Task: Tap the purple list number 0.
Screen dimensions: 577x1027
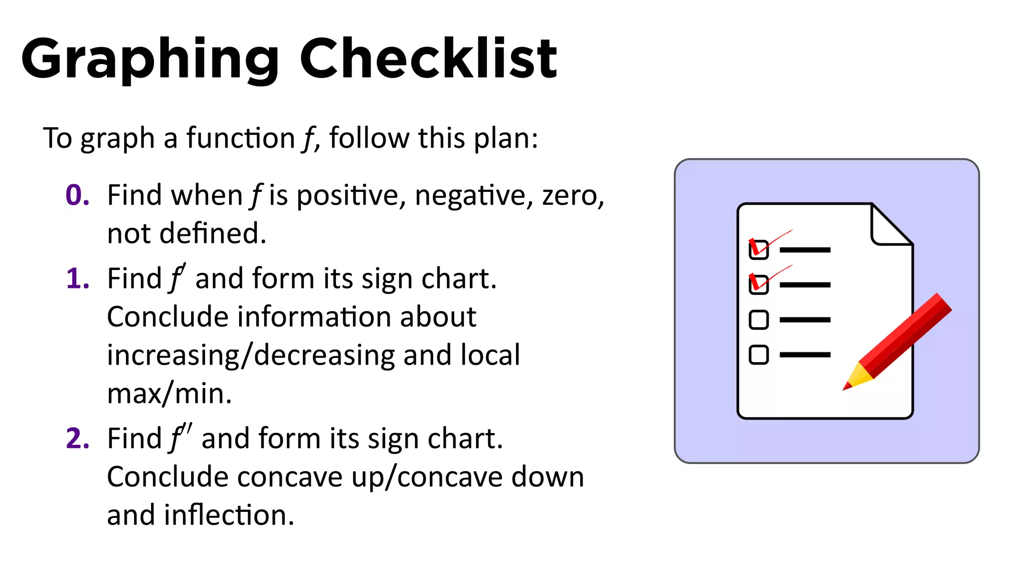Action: (77, 195)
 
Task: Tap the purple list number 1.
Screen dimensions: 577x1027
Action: (77, 279)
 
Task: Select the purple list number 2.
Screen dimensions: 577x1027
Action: (77, 439)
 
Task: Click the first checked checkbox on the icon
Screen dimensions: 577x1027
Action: (758, 249)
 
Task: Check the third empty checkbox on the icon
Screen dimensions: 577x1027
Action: (758, 320)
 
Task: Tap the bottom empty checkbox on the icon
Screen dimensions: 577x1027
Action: (758, 355)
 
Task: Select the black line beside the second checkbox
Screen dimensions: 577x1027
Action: (805, 284)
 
